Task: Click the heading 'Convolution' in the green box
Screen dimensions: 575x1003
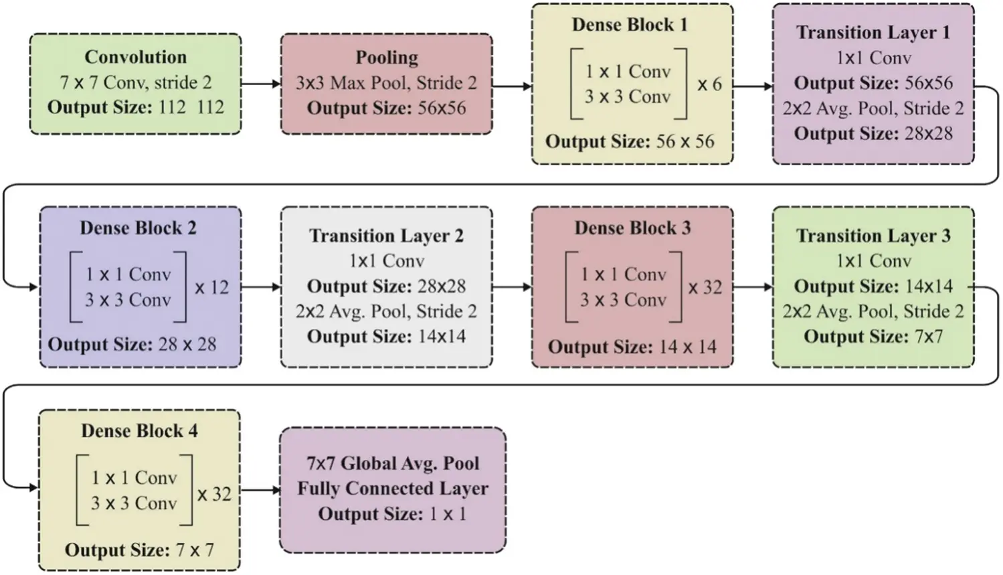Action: point(135,57)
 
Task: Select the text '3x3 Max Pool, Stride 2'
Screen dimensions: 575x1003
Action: point(386,83)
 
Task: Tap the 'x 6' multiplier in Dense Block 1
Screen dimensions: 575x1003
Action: point(709,85)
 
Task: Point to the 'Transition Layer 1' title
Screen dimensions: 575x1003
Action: point(873,32)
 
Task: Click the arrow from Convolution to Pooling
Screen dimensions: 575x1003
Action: point(260,84)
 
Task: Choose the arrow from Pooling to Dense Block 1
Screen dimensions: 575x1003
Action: point(512,86)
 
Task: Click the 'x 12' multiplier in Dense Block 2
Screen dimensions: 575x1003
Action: point(211,288)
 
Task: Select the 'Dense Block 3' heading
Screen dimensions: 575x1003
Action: point(632,228)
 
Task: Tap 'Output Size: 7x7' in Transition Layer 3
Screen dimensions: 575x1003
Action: point(873,336)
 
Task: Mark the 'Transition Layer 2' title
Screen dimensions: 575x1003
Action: point(386,236)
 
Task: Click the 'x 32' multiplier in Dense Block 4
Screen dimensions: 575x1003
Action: point(214,495)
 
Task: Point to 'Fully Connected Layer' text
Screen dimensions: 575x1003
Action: point(393,489)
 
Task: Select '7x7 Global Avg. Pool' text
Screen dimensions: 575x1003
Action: point(393,463)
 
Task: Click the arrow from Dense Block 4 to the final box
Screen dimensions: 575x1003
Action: point(260,490)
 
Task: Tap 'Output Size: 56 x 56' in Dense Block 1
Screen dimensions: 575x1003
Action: point(630,141)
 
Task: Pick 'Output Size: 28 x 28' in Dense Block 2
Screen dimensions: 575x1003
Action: point(132,345)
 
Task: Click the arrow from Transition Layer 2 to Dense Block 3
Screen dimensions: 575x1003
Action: point(512,287)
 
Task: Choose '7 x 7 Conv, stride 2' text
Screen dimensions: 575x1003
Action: point(135,83)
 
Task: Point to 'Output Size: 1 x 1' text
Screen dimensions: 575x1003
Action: point(392,514)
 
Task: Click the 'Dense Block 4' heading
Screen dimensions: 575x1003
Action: point(139,431)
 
